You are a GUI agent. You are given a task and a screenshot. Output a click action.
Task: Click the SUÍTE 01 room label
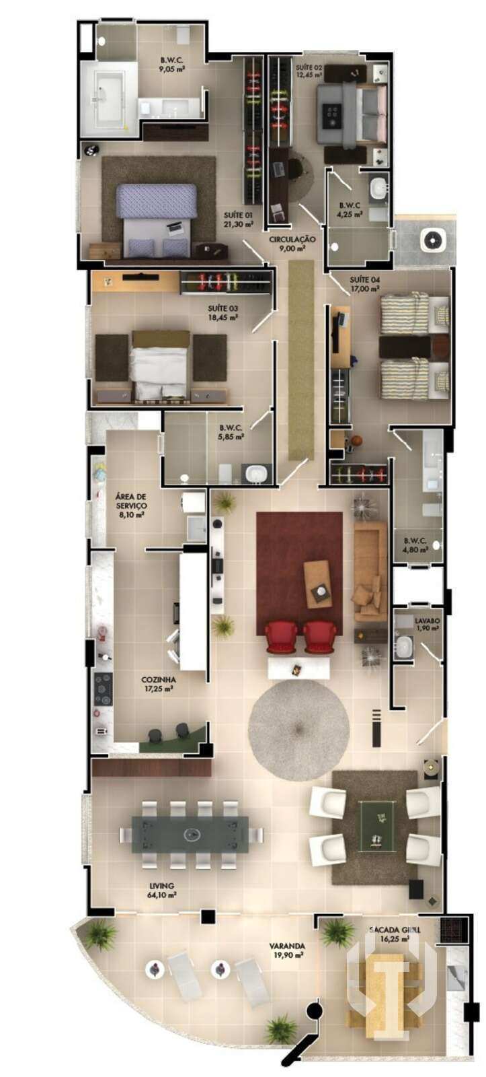click(x=238, y=219)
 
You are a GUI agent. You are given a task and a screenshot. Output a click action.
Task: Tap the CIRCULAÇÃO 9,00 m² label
click(x=292, y=244)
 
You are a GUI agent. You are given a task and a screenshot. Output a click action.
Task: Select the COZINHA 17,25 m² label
click(x=158, y=684)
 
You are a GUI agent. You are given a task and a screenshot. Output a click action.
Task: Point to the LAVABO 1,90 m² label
click(x=427, y=624)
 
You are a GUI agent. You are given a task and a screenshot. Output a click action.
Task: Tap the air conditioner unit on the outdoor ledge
click(x=433, y=239)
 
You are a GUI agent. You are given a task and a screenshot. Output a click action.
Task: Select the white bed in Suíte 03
click(x=160, y=366)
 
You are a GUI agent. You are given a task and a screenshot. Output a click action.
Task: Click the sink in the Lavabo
click(x=403, y=647)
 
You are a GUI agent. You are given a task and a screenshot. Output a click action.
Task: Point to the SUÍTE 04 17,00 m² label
click(x=364, y=284)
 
